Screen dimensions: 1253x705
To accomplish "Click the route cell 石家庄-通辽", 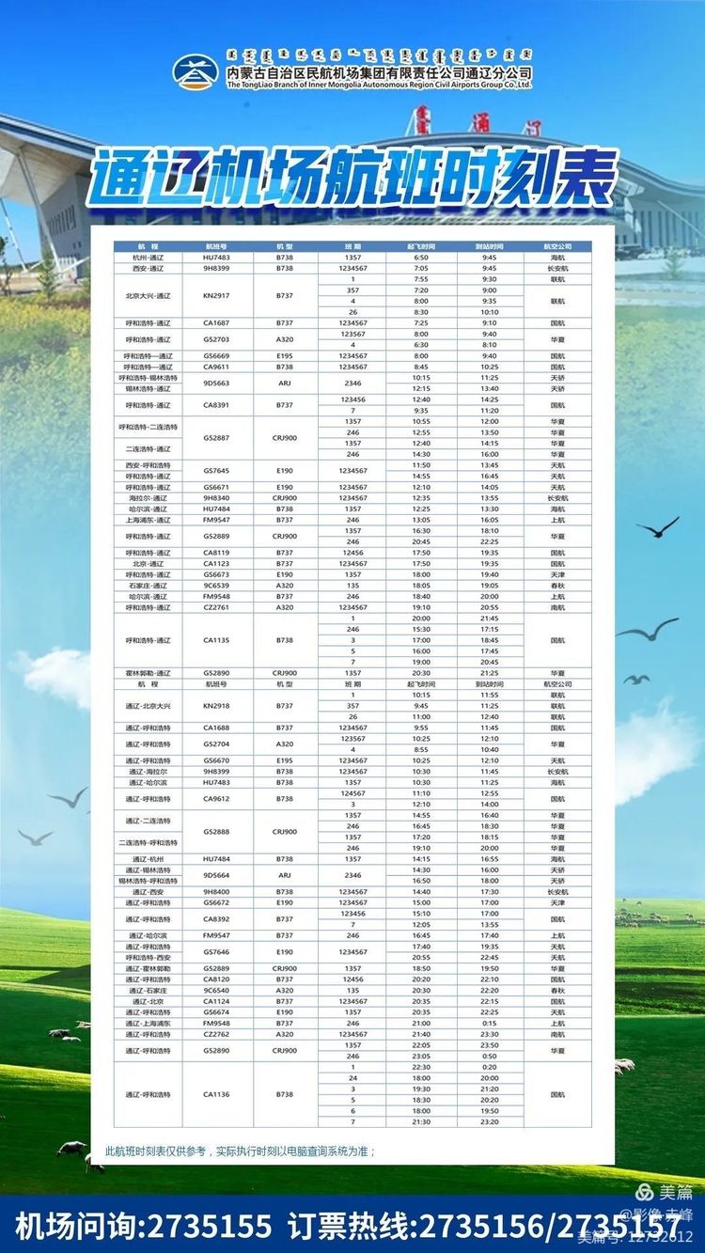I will click(149, 586).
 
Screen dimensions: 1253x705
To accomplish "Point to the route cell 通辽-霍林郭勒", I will click(149, 968).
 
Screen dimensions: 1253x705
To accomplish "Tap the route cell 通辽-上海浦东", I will click(149, 1023).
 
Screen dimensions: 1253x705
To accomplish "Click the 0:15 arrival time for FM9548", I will click(490, 1023).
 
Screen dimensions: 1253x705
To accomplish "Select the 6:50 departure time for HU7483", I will click(421, 257).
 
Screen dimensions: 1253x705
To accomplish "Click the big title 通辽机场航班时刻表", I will click(352, 180).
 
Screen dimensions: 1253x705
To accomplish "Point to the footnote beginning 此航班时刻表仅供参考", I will click(241, 1150).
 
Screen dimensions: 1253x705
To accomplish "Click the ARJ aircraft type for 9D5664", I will click(285, 875).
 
